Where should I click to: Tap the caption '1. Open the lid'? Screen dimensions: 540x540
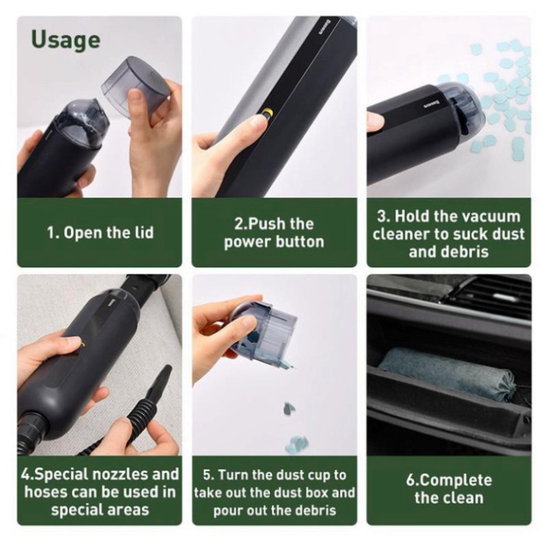click(100, 233)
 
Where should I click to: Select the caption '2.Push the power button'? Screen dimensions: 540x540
click(274, 232)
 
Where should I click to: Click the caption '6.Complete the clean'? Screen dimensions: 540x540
click(448, 488)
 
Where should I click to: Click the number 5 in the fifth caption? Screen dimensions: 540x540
click(207, 475)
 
